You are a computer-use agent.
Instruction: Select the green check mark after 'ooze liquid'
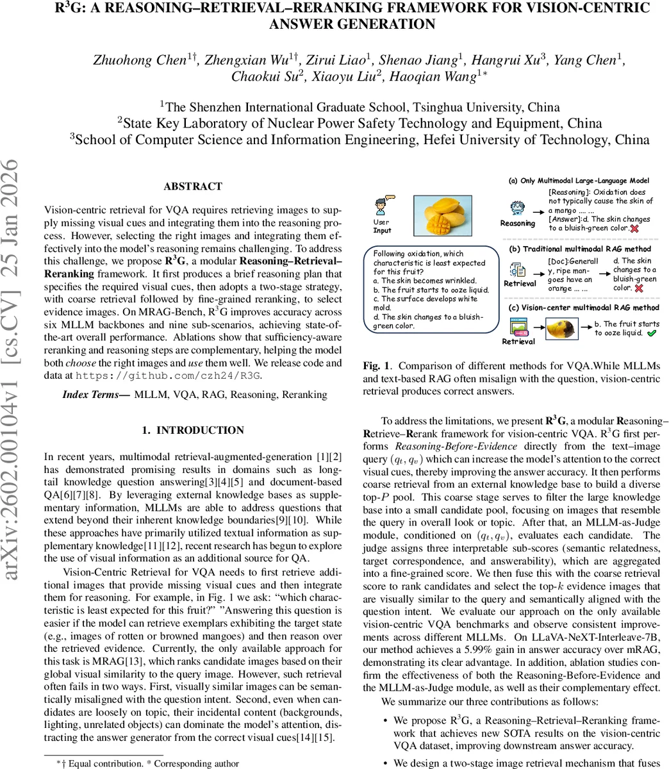(651, 333)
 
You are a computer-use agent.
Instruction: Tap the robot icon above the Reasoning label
(518, 208)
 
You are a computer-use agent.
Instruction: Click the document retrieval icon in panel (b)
(518, 269)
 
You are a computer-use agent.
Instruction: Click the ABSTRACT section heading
(193, 186)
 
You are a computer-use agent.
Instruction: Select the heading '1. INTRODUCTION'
(193, 430)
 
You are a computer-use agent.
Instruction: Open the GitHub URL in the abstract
(169, 375)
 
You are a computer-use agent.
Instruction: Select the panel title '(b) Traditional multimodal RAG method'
(579, 249)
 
